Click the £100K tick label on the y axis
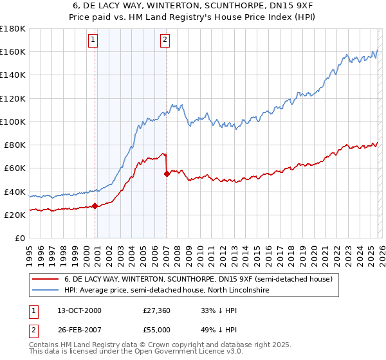point(13,122)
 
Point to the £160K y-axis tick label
point(13,51)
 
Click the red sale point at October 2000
point(95,206)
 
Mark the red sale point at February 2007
point(167,174)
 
